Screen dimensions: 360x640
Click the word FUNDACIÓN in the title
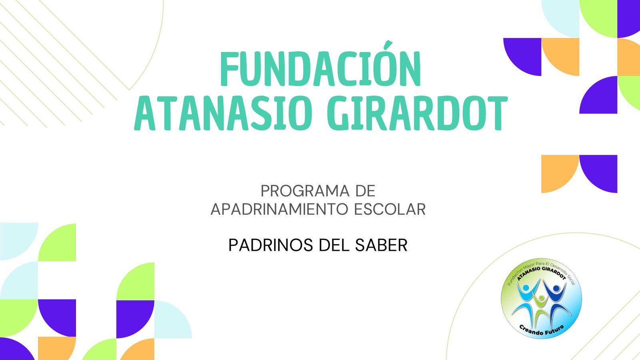pos(320,69)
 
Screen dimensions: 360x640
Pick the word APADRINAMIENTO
pos(280,209)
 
